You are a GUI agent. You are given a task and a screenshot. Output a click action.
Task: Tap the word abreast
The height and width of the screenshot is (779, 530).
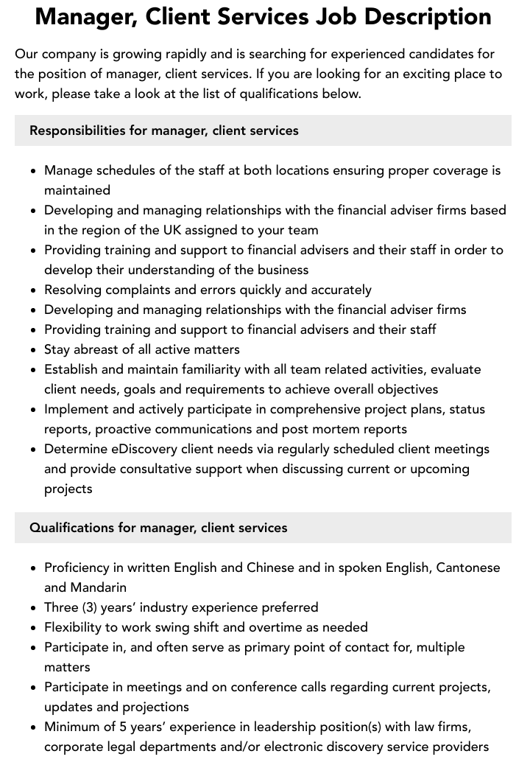(99, 349)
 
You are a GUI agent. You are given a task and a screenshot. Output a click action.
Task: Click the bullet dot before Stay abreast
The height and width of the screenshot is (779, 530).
(34, 350)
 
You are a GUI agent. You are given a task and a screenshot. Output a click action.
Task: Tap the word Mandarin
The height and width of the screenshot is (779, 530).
(99, 587)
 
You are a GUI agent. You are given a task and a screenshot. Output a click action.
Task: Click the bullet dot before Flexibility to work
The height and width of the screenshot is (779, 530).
(34, 628)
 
